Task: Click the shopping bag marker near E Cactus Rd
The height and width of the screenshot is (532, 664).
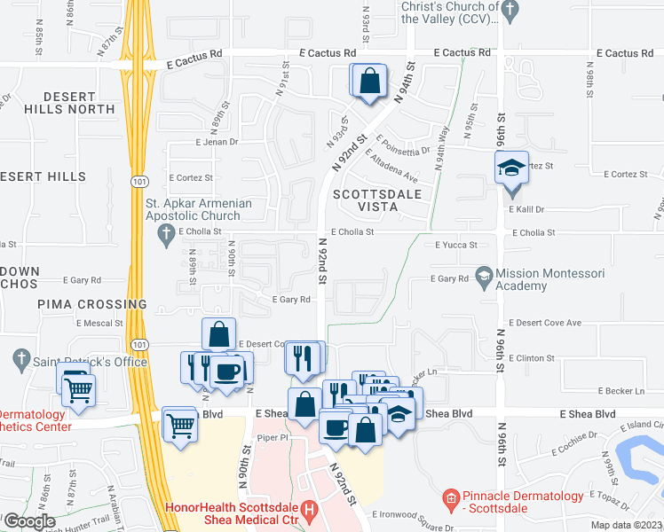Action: click(368, 82)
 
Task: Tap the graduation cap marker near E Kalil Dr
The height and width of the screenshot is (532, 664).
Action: click(510, 168)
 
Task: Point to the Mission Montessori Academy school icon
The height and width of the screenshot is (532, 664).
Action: click(484, 275)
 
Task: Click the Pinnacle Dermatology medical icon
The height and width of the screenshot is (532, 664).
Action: click(451, 500)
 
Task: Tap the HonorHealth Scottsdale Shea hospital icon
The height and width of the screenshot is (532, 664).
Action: click(308, 511)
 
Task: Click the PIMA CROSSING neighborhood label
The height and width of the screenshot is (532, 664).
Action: click(91, 304)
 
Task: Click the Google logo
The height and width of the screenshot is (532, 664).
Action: click(28, 521)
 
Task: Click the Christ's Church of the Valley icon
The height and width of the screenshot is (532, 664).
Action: click(509, 12)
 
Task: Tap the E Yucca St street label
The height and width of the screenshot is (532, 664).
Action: click(456, 246)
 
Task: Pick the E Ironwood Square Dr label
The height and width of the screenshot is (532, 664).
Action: click(415, 513)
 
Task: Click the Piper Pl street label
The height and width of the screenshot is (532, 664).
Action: click(273, 437)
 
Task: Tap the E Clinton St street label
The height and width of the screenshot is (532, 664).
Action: click(533, 358)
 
